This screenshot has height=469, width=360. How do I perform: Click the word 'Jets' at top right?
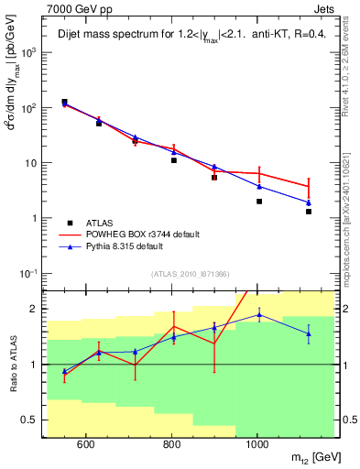[323, 8]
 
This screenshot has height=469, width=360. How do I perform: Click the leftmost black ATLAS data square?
[64, 102]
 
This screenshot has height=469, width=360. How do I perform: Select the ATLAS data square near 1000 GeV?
[259, 202]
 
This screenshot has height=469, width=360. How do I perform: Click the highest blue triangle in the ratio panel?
[259, 315]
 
